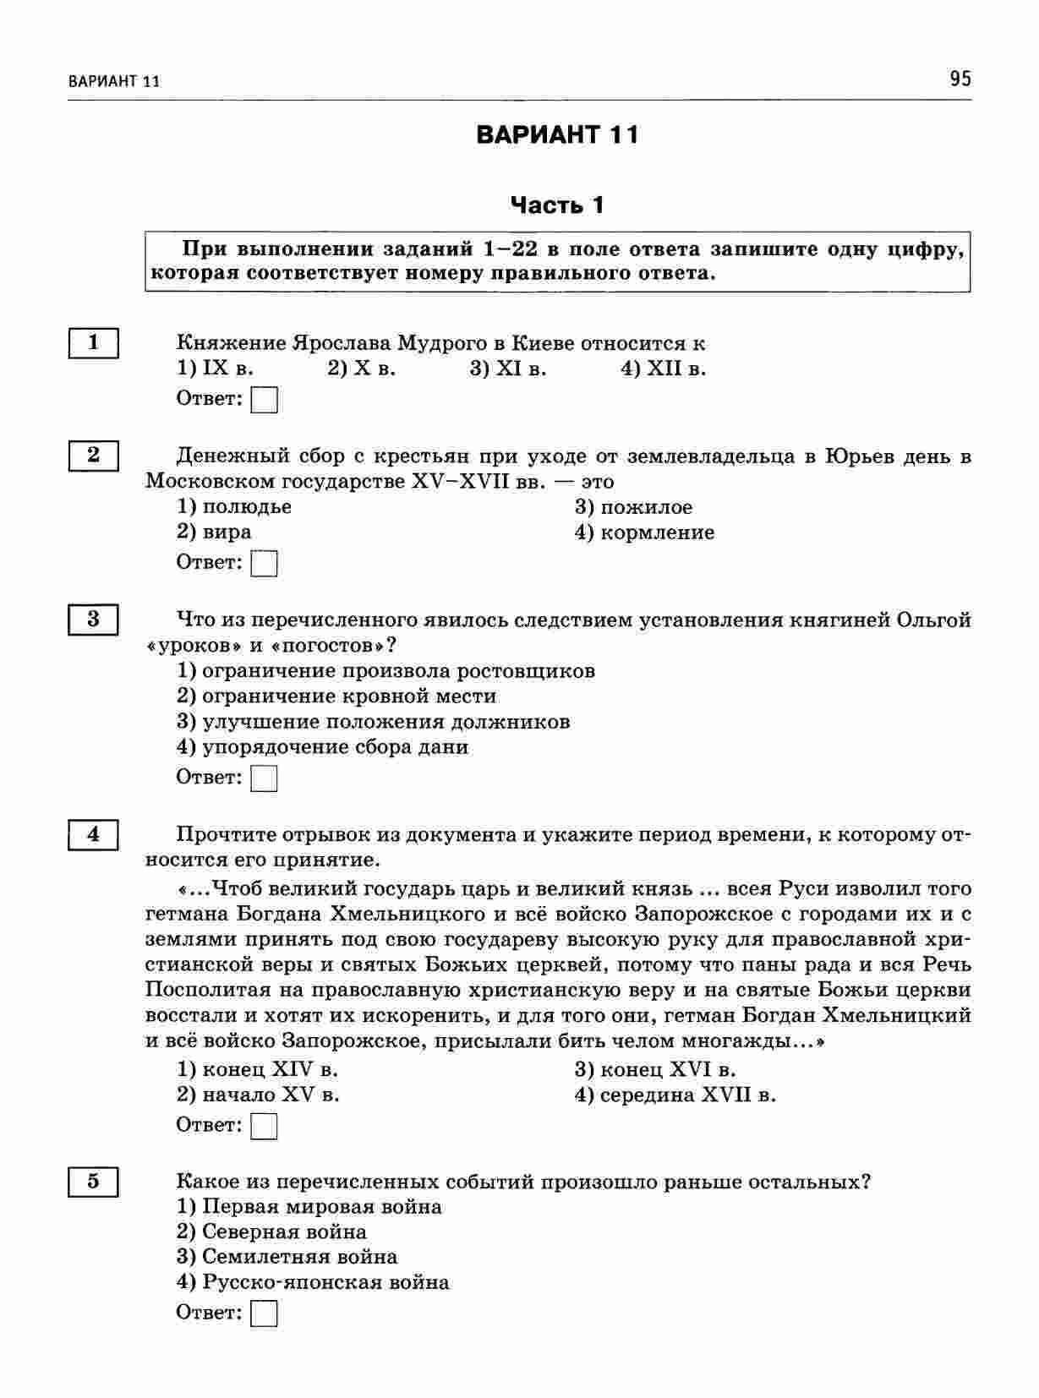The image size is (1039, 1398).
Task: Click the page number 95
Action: point(960,79)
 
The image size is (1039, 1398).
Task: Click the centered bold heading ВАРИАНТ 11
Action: point(558,135)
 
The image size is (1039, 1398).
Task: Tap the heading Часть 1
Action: point(558,205)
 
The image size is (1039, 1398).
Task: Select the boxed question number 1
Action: point(93,343)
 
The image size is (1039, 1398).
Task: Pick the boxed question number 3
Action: point(93,620)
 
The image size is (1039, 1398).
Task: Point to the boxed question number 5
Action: point(93,1182)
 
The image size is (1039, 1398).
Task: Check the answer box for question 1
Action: point(265,399)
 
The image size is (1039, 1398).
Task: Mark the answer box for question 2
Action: point(265,563)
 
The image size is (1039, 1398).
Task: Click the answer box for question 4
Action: point(265,1126)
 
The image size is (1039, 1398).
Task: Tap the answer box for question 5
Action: point(265,1313)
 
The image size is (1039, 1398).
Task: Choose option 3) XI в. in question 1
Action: point(508,369)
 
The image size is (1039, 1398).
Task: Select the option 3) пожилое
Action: point(633,508)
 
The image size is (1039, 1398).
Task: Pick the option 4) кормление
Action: point(644,533)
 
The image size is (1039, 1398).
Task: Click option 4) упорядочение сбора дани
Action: point(322,747)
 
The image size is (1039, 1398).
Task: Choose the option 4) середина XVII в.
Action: point(675,1095)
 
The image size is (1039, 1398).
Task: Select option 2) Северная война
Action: point(271,1232)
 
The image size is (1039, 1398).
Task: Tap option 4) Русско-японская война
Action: point(313,1283)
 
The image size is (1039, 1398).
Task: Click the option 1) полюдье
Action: point(234,507)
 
